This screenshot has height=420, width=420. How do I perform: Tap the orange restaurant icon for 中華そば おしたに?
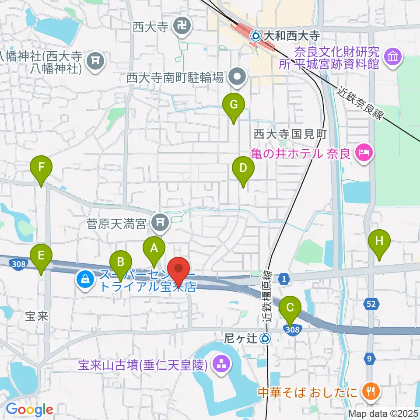(370, 390)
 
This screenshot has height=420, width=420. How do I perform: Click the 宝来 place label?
(36, 316)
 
